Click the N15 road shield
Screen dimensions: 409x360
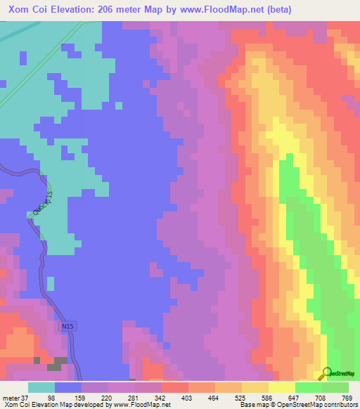pyautogui.click(x=67, y=327)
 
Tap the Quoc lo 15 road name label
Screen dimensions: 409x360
pyautogui.click(x=38, y=202)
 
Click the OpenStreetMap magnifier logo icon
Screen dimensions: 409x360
pyautogui.click(x=326, y=374)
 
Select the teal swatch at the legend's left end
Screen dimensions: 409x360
pyautogui.click(x=41, y=387)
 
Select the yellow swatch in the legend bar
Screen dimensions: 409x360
pyautogui.click(x=282, y=387)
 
